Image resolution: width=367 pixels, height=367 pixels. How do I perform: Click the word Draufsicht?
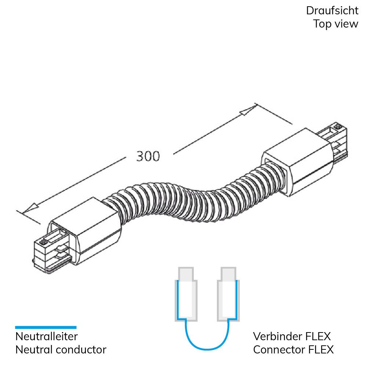(332, 11)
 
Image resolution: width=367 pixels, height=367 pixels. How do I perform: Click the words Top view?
(336, 24)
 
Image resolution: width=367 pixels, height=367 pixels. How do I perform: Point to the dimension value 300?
(148, 156)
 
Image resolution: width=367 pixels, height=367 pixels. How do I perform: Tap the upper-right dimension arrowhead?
(248, 110)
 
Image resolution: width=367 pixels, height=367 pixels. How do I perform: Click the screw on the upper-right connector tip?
(338, 127)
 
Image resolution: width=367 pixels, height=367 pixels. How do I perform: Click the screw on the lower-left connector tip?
(44, 242)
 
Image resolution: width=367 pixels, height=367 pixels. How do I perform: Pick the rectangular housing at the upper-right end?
(298, 161)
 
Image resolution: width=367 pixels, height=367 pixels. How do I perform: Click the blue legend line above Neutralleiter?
(46, 327)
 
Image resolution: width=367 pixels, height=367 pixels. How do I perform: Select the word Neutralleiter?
(46, 337)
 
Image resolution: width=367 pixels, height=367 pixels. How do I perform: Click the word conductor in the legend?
(81, 350)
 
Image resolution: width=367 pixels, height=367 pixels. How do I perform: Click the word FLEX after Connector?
(321, 350)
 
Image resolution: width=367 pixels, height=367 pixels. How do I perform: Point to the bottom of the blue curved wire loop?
(207, 349)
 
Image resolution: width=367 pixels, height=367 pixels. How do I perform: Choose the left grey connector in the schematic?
(186, 294)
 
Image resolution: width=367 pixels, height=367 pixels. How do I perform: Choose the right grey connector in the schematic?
(228, 294)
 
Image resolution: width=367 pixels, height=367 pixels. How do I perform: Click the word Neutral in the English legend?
(34, 350)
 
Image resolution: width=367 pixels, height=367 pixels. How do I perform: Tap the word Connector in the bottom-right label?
(279, 350)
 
